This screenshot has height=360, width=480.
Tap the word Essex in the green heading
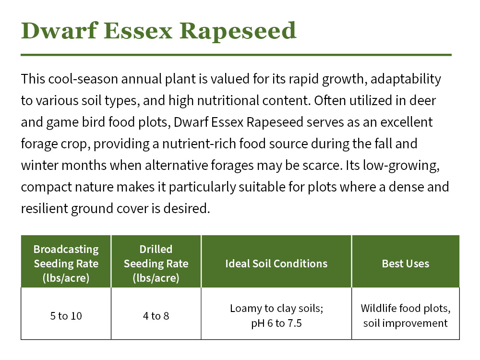click(138, 31)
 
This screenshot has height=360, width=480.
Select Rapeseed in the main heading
click(238, 31)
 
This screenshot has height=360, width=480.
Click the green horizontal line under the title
click(236, 55)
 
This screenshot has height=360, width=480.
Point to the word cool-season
click(83, 79)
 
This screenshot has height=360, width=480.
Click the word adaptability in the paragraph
click(406, 80)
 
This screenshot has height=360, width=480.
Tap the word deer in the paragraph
click(423, 100)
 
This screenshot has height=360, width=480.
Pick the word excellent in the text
click(406, 122)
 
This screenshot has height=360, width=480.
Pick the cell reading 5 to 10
click(66, 316)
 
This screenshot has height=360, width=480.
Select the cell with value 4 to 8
click(156, 316)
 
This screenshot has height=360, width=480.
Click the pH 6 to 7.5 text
click(276, 323)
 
